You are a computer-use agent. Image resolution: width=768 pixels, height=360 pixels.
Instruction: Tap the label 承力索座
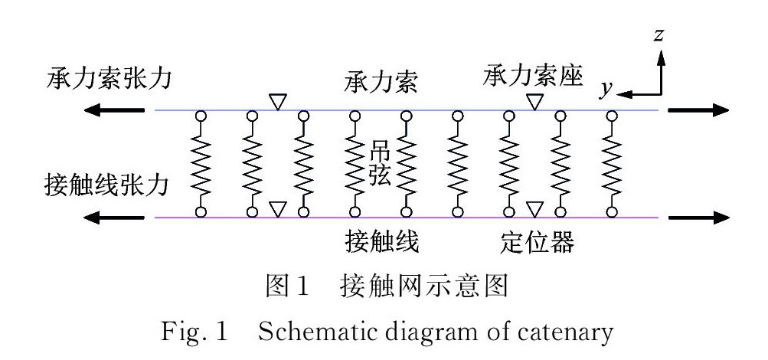[533, 76]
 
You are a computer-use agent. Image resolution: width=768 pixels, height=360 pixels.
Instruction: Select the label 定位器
[533, 244]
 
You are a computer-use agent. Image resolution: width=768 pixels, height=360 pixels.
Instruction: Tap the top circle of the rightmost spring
[611, 116]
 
